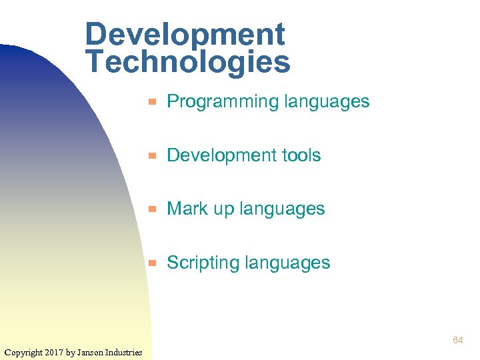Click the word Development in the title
coord(185,35)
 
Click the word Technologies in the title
coord(188,62)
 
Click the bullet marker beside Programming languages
coord(152,102)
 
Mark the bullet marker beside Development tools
coord(152,155)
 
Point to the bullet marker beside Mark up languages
coord(152,209)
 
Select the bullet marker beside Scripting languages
coord(152,263)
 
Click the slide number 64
coord(457,341)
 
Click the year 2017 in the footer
coord(55,352)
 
